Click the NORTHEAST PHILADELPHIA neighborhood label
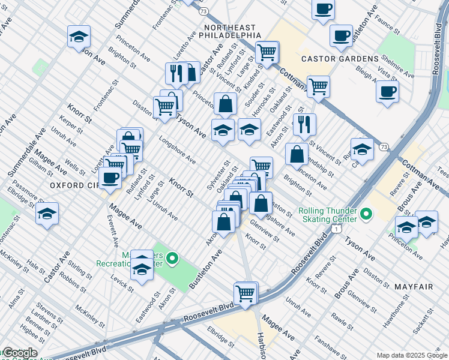tap(230, 32)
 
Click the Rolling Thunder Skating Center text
tap(327, 215)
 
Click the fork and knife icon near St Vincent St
tap(304, 124)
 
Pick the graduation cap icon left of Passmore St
tap(47, 213)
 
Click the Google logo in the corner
tap(19, 353)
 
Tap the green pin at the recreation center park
tap(172, 259)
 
